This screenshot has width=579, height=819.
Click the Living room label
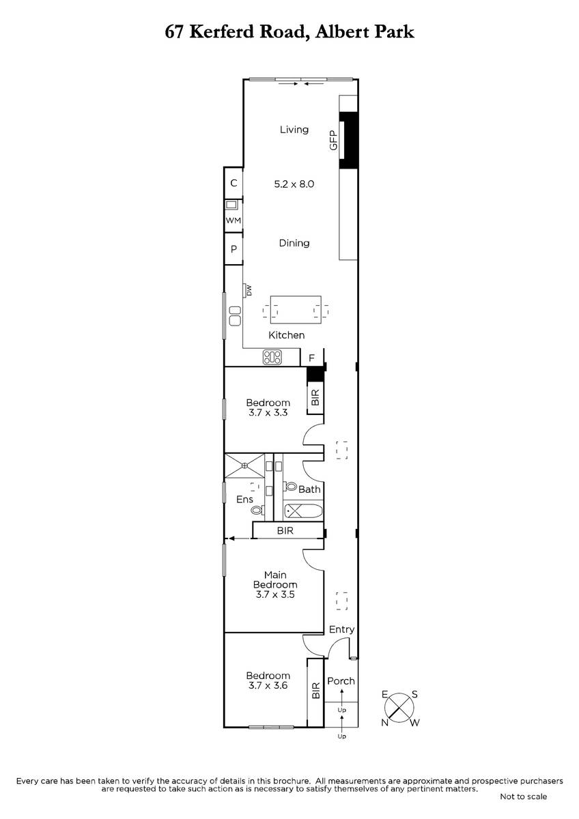[x=294, y=130]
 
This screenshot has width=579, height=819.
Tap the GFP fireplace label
[x=334, y=140]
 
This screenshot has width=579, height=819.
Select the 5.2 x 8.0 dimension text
[x=294, y=184]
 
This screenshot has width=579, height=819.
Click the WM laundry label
[x=234, y=220]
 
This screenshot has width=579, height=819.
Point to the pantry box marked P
[x=234, y=249]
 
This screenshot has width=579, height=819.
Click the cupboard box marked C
[x=234, y=183]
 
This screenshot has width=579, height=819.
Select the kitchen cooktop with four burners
[x=272, y=357]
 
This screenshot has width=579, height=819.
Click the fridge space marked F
[x=311, y=358]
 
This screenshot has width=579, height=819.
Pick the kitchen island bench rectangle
[x=296, y=310]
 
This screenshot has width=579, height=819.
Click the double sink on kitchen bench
[x=235, y=316]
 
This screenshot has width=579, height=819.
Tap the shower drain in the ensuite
[x=244, y=465]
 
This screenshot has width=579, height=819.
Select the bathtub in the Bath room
[x=303, y=511]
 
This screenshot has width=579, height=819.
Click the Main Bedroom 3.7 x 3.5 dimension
[x=275, y=594]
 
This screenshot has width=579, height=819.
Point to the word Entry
[x=341, y=629]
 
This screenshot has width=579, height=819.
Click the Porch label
[x=341, y=681]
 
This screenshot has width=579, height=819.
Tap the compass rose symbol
[x=401, y=708]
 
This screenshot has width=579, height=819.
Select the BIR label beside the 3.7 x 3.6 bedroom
[x=316, y=691]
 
